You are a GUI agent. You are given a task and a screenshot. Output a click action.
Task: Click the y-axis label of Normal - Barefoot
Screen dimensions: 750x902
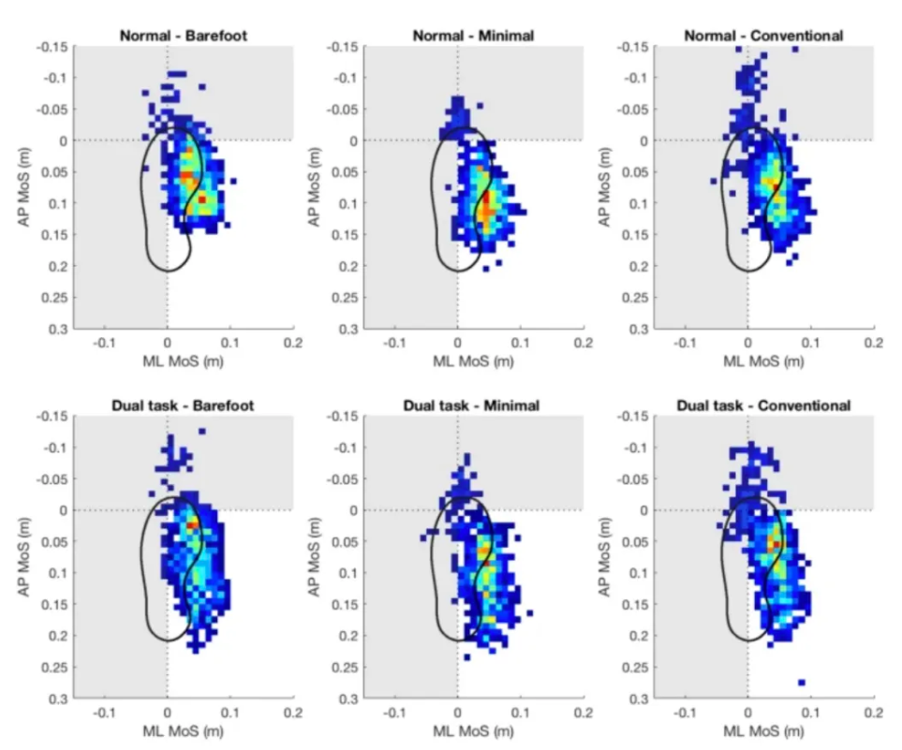point(21,187)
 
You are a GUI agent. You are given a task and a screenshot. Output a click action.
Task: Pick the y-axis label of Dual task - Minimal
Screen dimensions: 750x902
point(311,557)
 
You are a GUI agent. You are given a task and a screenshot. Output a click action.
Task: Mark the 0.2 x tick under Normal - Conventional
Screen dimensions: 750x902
point(873,344)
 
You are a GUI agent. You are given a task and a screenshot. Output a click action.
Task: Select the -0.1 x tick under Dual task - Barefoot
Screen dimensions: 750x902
point(105,713)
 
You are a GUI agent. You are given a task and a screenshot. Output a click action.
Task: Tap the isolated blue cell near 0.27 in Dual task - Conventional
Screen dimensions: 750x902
point(802,683)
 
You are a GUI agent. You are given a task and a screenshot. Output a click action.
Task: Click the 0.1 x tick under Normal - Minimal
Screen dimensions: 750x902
point(520,344)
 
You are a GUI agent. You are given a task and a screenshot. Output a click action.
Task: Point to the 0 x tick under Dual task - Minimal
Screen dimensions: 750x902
point(457,713)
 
